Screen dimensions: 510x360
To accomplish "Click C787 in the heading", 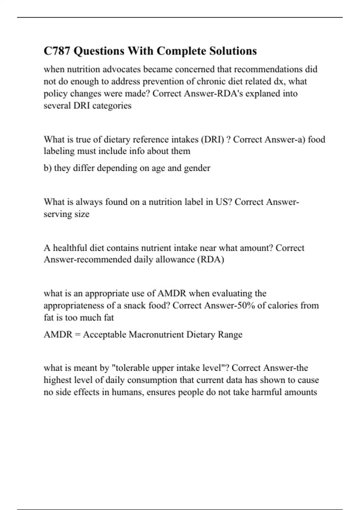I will click(x=57, y=51).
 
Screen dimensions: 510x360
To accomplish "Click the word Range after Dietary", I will click(x=230, y=334).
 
